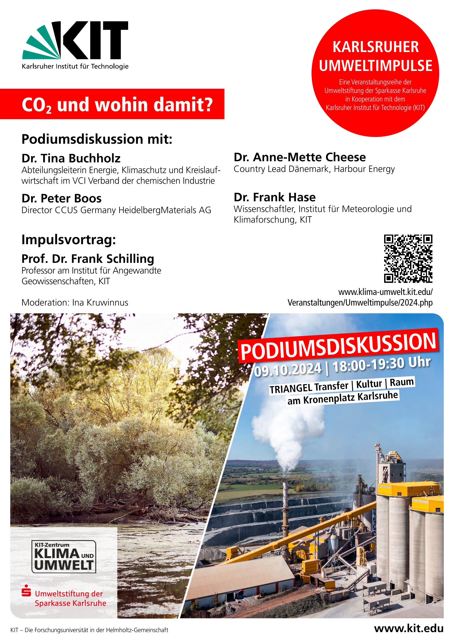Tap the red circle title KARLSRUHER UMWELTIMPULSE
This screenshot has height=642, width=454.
[375, 56]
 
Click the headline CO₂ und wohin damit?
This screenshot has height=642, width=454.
[117, 105]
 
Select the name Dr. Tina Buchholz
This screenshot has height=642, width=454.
[71, 158]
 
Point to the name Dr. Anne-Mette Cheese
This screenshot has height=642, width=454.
[300, 157]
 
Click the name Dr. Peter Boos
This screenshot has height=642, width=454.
[62, 198]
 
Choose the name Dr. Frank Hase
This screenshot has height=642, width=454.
[274, 197]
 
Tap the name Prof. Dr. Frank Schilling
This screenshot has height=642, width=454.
[88, 259]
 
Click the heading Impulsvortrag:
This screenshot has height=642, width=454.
[69, 240]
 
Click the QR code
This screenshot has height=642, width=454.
[408, 259]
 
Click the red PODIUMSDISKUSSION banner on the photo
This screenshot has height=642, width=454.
[338, 346]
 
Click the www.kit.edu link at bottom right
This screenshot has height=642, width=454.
[409, 629]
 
